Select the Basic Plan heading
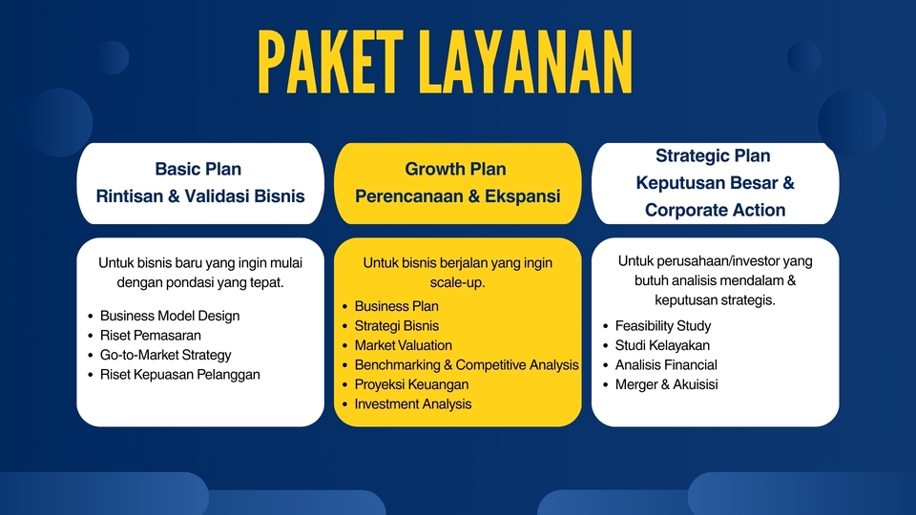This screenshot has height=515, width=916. tap(198, 169)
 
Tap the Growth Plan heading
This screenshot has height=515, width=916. tap(456, 169)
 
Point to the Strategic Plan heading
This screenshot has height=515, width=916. tap(713, 155)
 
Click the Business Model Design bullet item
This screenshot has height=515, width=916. tap(170, 316)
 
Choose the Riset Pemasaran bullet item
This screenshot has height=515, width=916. tap(151, 336)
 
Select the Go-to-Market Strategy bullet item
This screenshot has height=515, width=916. tap(166, 355)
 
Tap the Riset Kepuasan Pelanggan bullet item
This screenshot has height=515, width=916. tap(179, 375)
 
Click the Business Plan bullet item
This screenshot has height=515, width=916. tap(397, 306)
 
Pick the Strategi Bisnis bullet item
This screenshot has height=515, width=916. tap(397, 326)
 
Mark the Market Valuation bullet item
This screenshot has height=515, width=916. tap(404, 345)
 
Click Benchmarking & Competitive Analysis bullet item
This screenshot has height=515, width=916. tap(467, 365)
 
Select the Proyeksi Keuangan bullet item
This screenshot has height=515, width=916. tap(412, 384)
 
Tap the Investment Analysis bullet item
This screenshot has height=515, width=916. tap(413, 404)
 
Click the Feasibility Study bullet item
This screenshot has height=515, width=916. tap(663, 326)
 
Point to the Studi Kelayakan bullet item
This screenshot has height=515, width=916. tap(662, 345)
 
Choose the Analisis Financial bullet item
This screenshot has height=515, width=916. tap(666, 365)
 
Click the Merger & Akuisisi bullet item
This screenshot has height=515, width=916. tap(666, 384)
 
